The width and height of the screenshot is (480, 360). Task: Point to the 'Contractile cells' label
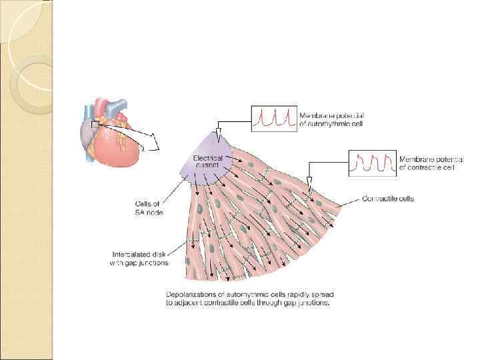pyautogui.click(x=387, y=198)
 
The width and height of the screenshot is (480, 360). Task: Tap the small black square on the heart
pyautogui.click(x=95, y=123)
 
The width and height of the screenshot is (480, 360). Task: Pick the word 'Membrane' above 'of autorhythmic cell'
pyautogui.click(x=310, y=115)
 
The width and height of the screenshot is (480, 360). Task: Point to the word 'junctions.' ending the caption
pyautogui.click(x=315, y=303)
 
